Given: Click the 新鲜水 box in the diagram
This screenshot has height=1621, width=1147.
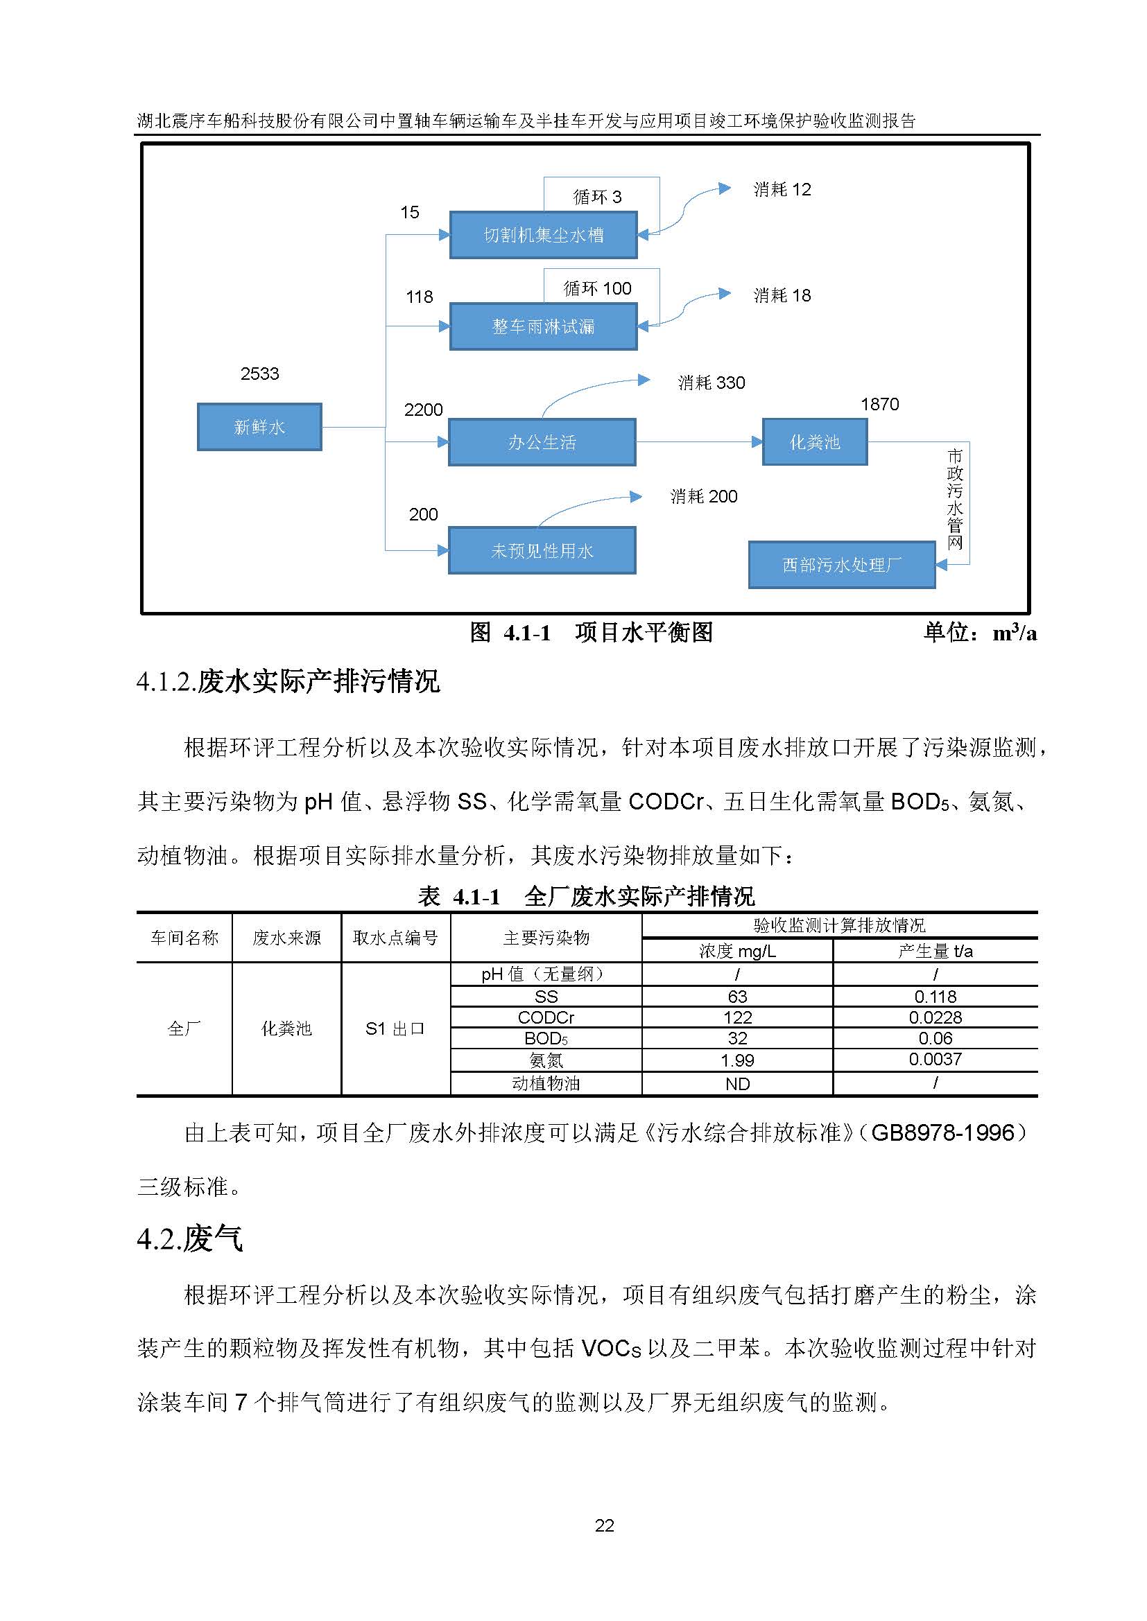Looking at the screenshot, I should pyautogui.click(x=259, y=426).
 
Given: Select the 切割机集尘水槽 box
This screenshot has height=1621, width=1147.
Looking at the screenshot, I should pyautogui.click(x=543, y=234).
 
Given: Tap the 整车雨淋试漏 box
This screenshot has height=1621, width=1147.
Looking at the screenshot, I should pyautogui.click(x=543, y=326).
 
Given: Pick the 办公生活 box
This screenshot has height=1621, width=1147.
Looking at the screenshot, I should pyautogui.click(x=542, y=442).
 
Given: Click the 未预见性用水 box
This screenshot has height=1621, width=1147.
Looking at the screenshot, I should pyautogui.click(x=542, y=550).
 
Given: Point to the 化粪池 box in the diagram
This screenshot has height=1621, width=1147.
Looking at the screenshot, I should pyautogui.click(x=814, y=442).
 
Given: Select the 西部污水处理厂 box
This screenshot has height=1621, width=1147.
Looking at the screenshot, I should pyautogui.click(x=841, y=565).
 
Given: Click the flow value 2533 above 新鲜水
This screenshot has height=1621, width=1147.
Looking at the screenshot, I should pyautogui.click(x=259, y=374).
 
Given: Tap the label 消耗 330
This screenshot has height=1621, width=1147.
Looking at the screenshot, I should pyautogui.click(x=712, y=383).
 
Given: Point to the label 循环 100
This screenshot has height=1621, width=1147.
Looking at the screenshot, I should pyautogui.click(x=597, y=288).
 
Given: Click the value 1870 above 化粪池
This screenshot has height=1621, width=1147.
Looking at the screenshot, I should pyautogui.click(x=879, y=404).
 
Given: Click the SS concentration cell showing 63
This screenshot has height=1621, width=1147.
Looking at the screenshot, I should pyautogui.click(x=737, y=996).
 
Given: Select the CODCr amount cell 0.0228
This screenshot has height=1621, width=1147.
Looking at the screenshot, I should pyautogui.click(x=935, y=1017).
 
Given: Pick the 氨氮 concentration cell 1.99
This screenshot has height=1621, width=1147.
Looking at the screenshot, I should pyautogui.click(x=737, y=1060).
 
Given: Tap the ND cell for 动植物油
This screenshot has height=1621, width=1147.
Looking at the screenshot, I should pyautogui.click(x=737, y=1084).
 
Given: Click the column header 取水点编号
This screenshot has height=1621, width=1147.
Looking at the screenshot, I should pyautogui.click(x=395, y=938).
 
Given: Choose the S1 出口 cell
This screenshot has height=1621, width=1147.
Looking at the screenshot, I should pyautogui.click(x=395, y=1028).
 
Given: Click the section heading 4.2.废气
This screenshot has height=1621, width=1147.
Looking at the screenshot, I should pyautogui.click(x=190, y=1239).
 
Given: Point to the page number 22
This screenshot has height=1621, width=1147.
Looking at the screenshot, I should pyautogui.click(x=605, y=1525).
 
